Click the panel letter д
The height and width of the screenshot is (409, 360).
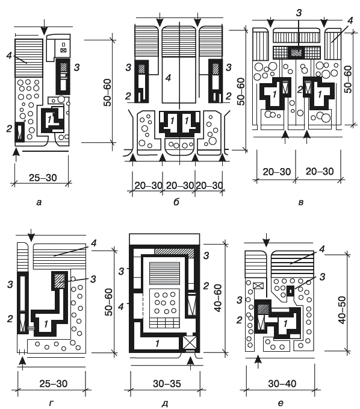point(165,404)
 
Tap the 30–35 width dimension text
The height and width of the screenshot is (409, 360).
point(167,384)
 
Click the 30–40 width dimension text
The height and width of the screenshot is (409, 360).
point(282,384)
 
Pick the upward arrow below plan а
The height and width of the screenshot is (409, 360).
point(16,155)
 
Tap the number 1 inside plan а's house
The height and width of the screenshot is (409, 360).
point(49,119)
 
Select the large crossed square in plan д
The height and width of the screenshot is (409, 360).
point(190,343)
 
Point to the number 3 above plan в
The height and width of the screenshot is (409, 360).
point(299,13)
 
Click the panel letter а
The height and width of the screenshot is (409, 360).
point(39,202)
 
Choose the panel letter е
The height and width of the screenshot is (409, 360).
point(281,404)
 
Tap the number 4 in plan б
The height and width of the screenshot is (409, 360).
point(169,78)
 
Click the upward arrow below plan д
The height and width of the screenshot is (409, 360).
point(191,363)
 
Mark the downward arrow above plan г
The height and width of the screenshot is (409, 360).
point(31,236)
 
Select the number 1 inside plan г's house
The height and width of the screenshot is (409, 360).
point(46,324)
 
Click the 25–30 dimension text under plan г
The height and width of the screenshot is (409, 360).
point(54,384)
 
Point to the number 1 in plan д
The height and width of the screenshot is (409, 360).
point(157,343)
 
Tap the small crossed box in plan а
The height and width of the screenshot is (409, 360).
point(63,51)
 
